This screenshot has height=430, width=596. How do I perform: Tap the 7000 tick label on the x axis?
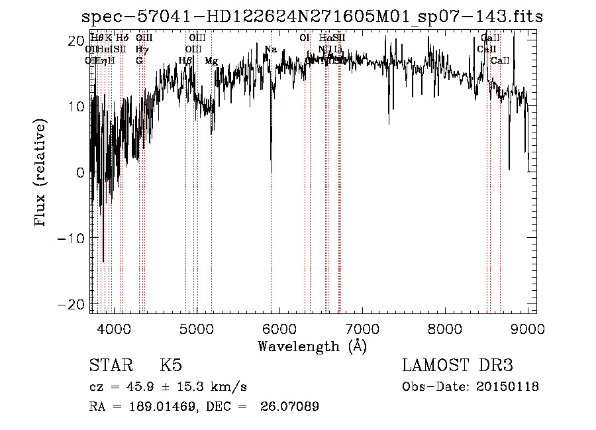click(362, 329)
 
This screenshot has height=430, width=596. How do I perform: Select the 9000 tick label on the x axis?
click(528, 329)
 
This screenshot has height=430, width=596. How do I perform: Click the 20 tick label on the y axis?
click(77, 40)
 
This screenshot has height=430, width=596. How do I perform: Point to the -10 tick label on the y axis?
click(72, 238)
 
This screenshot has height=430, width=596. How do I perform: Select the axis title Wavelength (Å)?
click(312, 346)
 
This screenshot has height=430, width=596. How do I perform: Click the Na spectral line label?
click(270, 50)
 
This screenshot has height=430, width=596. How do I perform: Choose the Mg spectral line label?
click(211, 61)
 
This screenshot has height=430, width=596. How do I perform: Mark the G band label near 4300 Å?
click(139, 61)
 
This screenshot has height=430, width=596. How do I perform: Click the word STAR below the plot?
click(111, 366)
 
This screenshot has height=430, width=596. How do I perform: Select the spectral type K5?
click(171, 366)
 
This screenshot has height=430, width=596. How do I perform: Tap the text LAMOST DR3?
click(458, 366)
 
